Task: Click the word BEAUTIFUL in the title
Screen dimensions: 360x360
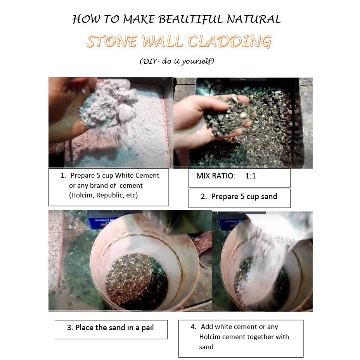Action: (x=190, y=19)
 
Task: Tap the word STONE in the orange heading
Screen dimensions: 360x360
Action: (x=112, y=42)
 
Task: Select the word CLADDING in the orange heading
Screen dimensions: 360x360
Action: (x=230, y=42)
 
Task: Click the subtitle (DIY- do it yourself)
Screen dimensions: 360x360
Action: (x=177, y=61)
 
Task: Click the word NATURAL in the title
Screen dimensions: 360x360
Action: (x=254, y=19)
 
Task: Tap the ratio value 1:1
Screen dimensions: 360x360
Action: (x=251, y=176)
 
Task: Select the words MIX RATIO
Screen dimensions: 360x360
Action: (x=216, y=176)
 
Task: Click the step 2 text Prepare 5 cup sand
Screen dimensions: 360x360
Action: (x=244, y=197)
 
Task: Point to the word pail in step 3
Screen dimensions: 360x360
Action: (x=147, y=328)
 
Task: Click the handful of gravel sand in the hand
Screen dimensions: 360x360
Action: (x=230, y=116)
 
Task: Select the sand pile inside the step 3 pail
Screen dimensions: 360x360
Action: (x=137, y=281)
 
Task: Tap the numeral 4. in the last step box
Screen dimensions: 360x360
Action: (x=193, y=327)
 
